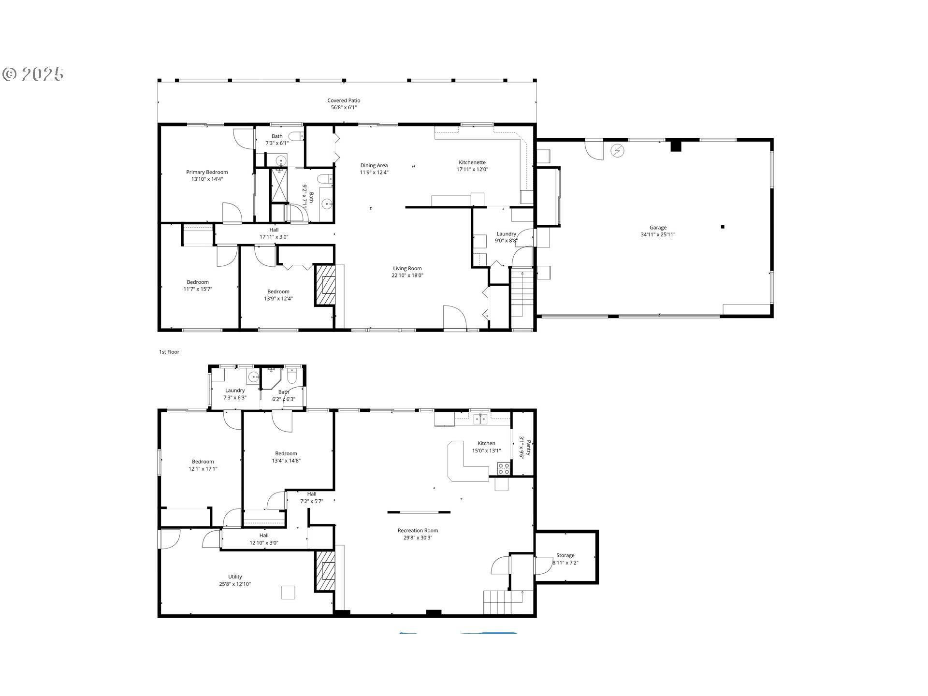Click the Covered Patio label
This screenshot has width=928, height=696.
point(344,101)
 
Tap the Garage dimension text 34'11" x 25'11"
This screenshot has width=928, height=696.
point(658,235)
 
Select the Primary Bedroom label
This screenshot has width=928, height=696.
point(207,172)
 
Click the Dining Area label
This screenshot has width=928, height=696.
point(374,165)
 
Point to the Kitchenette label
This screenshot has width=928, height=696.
point(472,162)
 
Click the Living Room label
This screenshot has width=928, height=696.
point(407,268)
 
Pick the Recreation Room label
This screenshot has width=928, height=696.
point(418,530)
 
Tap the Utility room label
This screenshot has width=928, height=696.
point(235,577)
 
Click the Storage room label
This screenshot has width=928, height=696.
point(565,555)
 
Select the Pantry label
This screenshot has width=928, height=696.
point(528,448)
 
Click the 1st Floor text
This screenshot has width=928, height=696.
point(169,352)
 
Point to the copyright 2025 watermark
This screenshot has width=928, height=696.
point(33,74)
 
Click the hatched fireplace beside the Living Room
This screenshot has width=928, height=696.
point(325,285)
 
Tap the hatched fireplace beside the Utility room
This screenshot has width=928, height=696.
point(325,571)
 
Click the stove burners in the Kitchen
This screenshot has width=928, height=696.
point(504,468)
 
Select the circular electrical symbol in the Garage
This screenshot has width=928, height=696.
point(617,151)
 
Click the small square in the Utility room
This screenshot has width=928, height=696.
point(288,592)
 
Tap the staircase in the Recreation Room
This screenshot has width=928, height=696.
point(503,602)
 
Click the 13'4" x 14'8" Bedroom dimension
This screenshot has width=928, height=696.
point(286,461)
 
